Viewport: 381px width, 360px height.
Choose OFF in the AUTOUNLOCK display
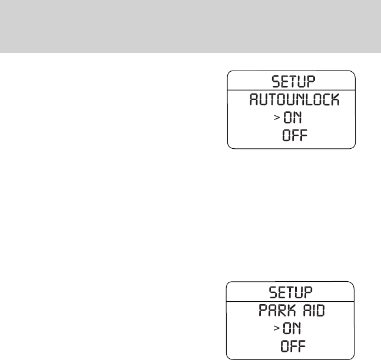pos(296,138)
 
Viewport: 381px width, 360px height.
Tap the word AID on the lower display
pos(315,311)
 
